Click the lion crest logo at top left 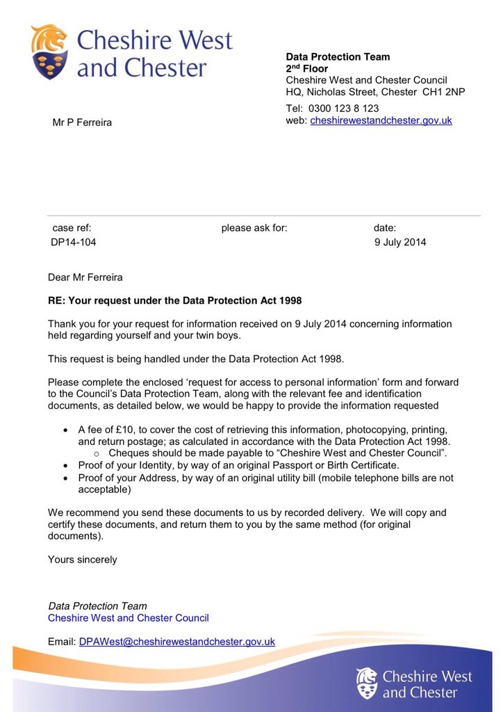(x=49, y=51)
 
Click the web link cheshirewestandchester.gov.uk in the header (x=381, y=120)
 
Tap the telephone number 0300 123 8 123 (x=343, y=108)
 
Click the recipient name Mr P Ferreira (x=82, y=123)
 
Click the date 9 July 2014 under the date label (x=400, y=243)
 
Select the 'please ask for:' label (x=254, y=227)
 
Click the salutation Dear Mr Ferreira (x=85, y=277)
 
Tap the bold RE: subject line (x=174, y=301)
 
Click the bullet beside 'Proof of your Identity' (x=66, y=465)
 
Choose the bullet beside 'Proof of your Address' (x=66, y=478)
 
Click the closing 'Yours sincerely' (x=83, y=559)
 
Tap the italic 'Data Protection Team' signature (x=97, y=606)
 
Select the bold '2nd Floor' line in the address (x=307, y=69)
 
